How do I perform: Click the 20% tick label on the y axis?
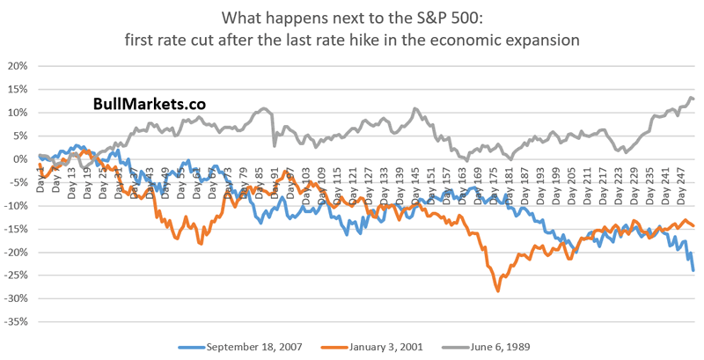(17, 66)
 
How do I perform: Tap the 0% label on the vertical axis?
(19, 159)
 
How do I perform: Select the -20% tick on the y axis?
(15, 253)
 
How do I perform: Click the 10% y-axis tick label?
(17, 113)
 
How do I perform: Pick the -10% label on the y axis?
(15, 206)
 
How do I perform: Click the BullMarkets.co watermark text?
(150, 103)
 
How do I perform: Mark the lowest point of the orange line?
(499, 290)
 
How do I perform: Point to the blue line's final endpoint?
(693, 270)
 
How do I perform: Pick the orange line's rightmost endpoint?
(693, 226)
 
